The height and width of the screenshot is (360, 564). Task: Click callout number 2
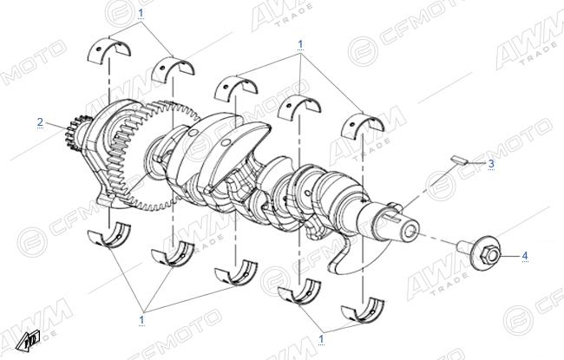[40, 122]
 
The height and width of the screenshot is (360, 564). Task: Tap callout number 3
[491, 164]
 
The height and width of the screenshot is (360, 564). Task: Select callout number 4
[525, 256]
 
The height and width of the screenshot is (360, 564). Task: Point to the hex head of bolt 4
[489, 253]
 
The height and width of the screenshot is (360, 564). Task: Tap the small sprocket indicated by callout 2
[75, 133]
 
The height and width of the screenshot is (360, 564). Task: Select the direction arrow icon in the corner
[28, 341]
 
